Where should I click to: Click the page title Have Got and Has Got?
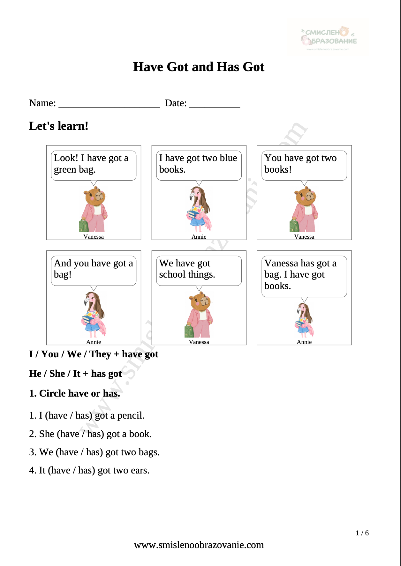tap(199, 67)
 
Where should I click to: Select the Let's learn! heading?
tap(59, 126)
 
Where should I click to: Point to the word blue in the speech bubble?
tap(229, 158)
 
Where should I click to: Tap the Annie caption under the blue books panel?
tap(199, 237)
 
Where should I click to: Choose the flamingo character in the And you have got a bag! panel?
tap(93, 315)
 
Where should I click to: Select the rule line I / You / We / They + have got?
tap(94, 354)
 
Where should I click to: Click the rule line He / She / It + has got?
tap(75, 374)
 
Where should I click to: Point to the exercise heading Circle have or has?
tap(75, 393)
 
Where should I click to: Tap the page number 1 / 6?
tap(362, 533)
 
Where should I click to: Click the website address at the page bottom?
tap(199, 545)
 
